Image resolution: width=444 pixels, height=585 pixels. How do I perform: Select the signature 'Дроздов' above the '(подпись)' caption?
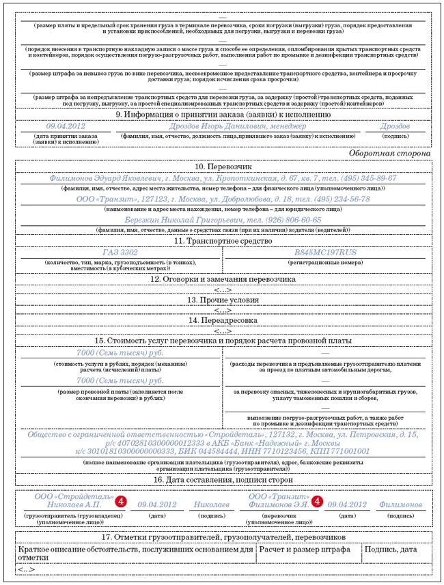(x=395, y=126)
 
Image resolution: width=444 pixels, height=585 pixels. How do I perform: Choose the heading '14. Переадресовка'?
(x=223, y=319)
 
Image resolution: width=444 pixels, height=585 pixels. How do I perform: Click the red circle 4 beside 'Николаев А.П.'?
(x=120, y=501)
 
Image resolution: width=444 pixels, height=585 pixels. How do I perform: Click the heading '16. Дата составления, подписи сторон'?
(x=223, y=480)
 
